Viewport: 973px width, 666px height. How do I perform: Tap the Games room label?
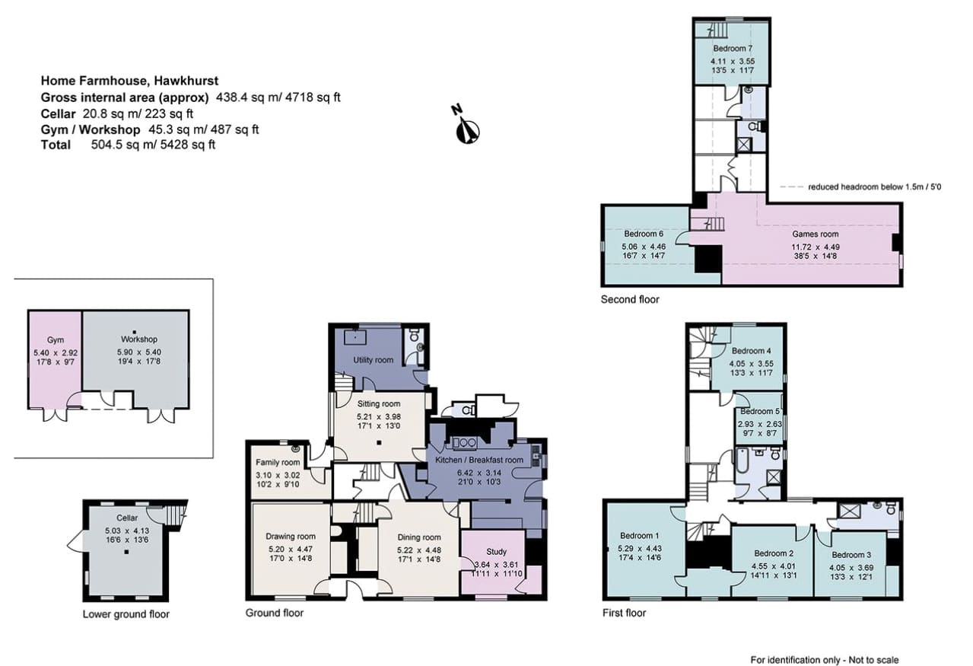tap(815, 234)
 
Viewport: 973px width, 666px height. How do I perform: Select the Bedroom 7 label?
tap(733, 48)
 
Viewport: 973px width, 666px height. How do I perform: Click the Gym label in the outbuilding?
tap(56, 340)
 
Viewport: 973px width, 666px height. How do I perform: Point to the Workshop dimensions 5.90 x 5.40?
tap(139, 352)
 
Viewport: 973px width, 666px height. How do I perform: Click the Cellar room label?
tap(127, 518)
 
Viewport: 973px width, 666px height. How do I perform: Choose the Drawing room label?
tap(291, 537)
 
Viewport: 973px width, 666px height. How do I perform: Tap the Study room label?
tap(496, 552)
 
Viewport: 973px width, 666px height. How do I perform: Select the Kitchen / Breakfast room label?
tap(479, 460)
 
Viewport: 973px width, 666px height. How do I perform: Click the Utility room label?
tap(373, 360)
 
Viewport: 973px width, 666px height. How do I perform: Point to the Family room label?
tap(278, 463)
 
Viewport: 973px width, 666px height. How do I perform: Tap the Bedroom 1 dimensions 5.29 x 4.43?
tap(639, 548)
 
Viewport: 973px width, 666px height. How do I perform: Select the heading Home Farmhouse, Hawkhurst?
tap(129, 81)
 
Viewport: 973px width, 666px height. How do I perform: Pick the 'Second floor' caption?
tap(630, 299)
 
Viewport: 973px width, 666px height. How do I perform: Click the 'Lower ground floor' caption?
tap(126, 614)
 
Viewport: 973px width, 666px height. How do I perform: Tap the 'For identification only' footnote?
tap(825, 659)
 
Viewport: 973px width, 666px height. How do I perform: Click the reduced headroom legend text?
tap(874, 187)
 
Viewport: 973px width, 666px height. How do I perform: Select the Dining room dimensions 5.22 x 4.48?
tap(418, 550)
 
